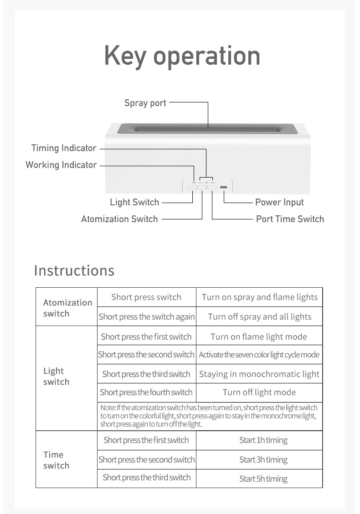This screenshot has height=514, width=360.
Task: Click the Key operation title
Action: (x=182, y=56)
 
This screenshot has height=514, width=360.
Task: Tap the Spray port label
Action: (x=145, y=103)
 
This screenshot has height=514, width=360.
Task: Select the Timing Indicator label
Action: (x=64, y=148)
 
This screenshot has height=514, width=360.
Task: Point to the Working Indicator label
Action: (x=61, y=165)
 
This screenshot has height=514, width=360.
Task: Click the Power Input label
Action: (x=279, y=202)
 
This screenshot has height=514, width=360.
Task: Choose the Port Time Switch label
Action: (x=290, y=219)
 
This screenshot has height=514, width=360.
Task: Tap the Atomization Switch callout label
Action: (x=119, y=219)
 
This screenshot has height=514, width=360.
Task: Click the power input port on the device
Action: (x=223, y=187)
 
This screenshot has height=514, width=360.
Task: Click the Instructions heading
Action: (x=74, y=270)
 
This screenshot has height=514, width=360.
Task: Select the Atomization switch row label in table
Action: (x=67, y=308)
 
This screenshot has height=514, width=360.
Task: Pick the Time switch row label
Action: (x=57, y=460)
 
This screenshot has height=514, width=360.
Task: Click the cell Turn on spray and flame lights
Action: (x=259, y=297)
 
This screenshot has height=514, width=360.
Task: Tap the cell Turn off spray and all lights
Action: (x=259, y=317)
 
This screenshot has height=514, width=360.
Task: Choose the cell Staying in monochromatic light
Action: (x=259, y=374)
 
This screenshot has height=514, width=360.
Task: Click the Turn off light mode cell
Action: (x=259, y=392)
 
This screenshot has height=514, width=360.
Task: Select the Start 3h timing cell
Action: (x=263, y=460)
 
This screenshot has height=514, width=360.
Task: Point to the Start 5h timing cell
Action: (x=263, y=479)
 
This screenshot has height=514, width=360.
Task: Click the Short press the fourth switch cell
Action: (x=146, y=392)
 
